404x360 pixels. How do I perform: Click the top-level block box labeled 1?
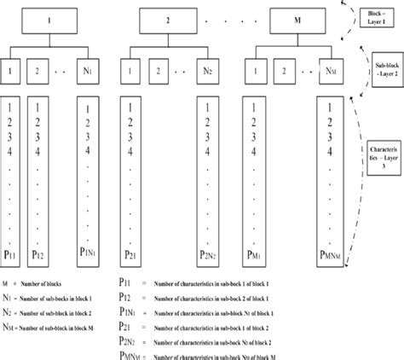(x=50, y=18)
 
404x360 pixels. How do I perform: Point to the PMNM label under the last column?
(x=331, y=253)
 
